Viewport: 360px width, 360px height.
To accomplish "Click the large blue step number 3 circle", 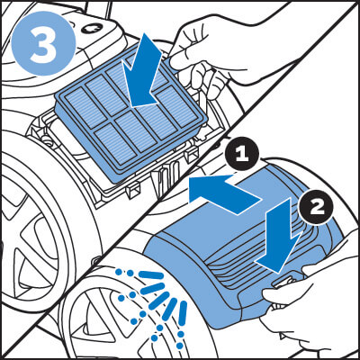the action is (x=43, y=43).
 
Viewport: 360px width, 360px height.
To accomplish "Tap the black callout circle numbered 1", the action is (x=241, y=155).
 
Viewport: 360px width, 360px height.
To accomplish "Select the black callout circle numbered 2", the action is (x=315, y=208).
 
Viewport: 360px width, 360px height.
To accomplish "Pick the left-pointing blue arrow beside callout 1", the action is (x=224, y=194).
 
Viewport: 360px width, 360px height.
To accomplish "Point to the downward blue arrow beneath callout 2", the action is (x=279, y=236).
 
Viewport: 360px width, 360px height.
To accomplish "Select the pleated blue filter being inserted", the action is (x=131, y=118).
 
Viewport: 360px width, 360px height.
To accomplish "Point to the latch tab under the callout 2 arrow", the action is (x=283, y=283).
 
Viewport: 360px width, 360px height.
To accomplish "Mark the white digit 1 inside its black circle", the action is (x=241, y=155).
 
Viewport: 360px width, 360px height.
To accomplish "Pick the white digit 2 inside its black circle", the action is (x=316, y=208).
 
